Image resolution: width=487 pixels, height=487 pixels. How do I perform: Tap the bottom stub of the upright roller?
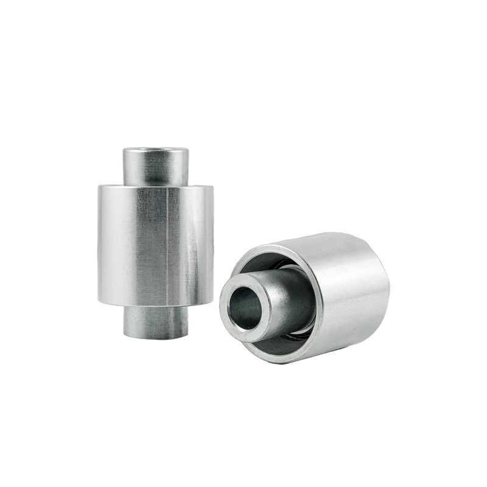(156, 323)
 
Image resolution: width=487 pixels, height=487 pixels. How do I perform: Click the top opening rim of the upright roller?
(156, 150)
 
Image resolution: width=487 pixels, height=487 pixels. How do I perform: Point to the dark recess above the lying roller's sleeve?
(268, 261)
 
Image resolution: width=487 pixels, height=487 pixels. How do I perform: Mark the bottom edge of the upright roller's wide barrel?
(156, 304)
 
